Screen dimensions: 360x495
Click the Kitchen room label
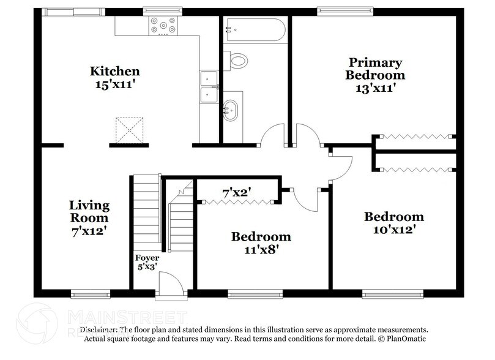[115, 72]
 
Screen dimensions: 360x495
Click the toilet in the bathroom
[238, 60]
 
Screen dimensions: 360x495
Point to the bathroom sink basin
[231, 110]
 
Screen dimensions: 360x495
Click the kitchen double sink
[209, 88]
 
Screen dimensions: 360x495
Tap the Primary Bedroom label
[375, 69]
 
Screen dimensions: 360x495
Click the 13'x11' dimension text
[375, 88]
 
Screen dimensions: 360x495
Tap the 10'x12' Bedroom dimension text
[394, 230]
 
